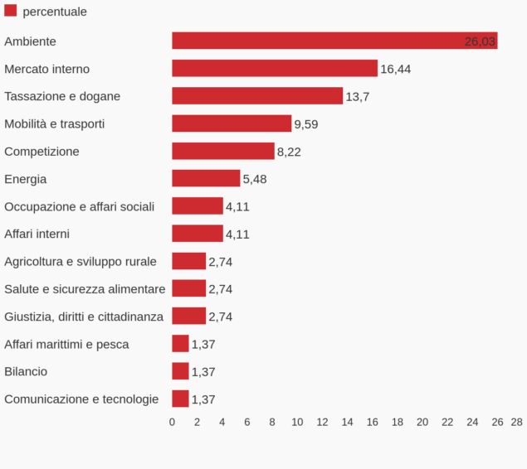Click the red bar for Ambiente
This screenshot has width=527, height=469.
tap(334, 41)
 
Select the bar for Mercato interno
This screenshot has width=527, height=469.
tap(275, 69)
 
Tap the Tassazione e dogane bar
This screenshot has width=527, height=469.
tap(257, 96)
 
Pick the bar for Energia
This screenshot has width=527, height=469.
tap(206, 179)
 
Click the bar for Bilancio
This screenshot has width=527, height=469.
tap(180, 371)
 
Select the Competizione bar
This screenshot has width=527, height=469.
tap(223, 151)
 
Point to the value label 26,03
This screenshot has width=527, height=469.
tap(480, 41)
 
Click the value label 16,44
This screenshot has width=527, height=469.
tap(395, 69)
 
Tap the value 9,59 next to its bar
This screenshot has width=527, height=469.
tap(306, 124)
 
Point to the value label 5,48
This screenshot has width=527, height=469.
tap(255, 179)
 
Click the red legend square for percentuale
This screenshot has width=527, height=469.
tap(11, 11)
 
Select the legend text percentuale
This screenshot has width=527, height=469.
tap(55, 12)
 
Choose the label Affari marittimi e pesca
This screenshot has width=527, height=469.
tap(66, 344)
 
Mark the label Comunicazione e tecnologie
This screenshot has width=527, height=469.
tap(81, 399)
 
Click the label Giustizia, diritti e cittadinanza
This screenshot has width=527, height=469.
tap(84, 317)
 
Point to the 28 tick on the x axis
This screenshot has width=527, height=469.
tap(516, 422)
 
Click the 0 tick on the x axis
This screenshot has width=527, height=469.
tap(172, 422)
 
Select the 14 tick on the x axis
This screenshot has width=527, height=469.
tap(347, 422)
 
